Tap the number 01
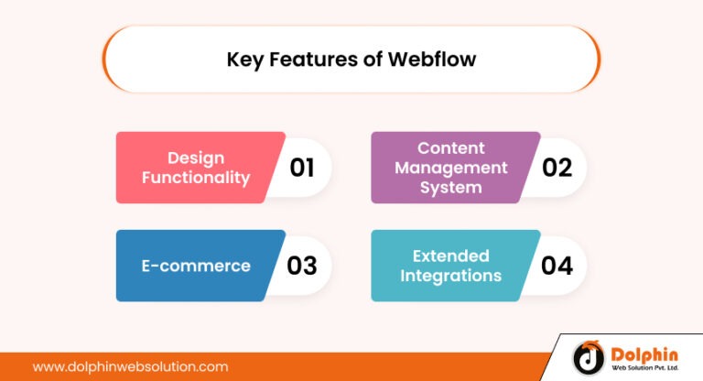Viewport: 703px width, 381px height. [302, 168]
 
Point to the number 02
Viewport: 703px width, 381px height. [557, 168]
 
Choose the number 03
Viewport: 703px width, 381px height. [302, 266]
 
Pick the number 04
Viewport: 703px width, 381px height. [557, 266]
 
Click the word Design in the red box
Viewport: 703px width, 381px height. [195, 158]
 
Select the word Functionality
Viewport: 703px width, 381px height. [195, 178]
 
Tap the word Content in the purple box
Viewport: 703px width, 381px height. [450, 147]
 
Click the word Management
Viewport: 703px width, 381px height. [450, 168]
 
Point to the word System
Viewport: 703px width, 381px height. [450, 188]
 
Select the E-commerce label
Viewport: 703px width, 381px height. [195, 266]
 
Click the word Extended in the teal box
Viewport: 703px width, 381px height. [450, 256]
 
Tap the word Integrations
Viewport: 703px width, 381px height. [450, 276]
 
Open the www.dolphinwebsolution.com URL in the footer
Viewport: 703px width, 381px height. [130, 366]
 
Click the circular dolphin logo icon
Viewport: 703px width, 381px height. [588, 358]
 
